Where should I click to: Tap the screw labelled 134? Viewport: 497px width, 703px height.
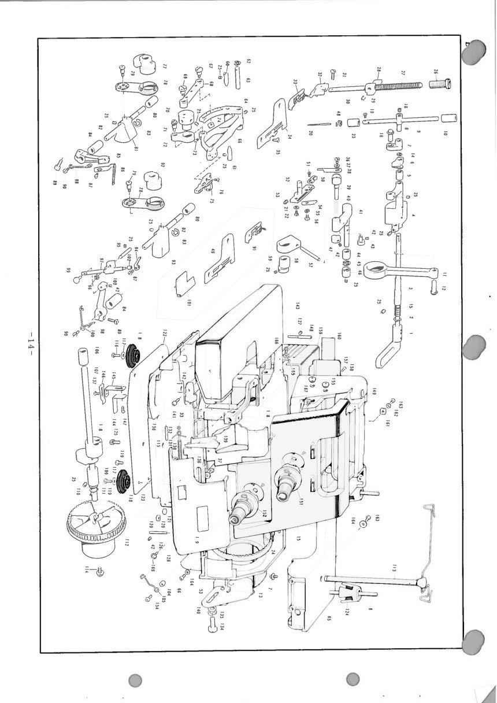pyautogui.click(x=213, y=623)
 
